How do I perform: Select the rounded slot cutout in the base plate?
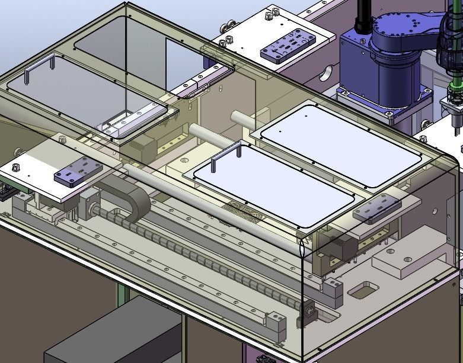pos(363,291)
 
